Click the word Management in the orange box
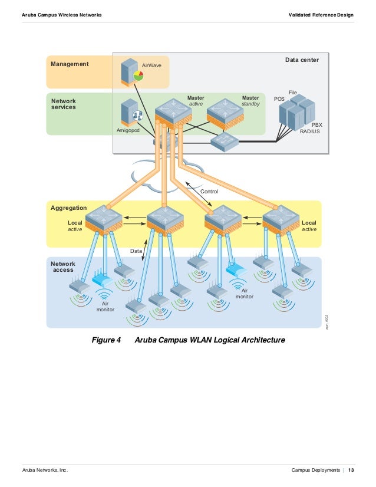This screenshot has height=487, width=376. point(70,64)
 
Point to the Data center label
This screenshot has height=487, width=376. point(302,60)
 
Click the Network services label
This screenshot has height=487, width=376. point(64,104)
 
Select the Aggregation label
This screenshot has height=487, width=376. point(69,208)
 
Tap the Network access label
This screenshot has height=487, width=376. point(62,266)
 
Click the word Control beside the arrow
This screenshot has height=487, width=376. point(209,192)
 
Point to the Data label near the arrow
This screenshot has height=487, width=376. point(136,251)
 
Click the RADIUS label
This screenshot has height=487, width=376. point(310,132)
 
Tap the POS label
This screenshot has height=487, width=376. point(279,99)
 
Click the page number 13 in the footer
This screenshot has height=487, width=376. point(351,470)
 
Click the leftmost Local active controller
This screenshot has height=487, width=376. point(103,220)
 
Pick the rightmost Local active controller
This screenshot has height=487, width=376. point(281,220)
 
